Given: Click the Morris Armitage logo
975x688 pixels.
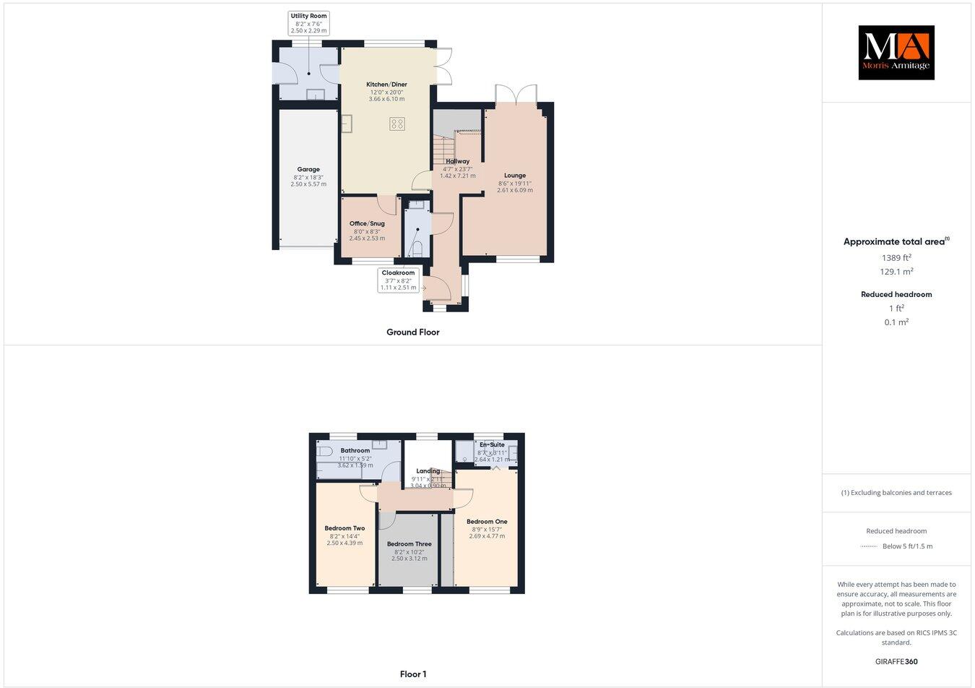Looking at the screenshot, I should (x=896, y=52).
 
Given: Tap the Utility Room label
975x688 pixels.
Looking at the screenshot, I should (x=308, y=16).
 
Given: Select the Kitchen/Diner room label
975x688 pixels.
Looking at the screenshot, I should (x=386, y=85).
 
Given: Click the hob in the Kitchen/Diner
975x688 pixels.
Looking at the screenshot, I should (x=396, y=124).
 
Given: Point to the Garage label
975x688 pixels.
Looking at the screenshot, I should (x=308, y=170).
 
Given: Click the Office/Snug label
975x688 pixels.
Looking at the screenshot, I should (x=367, y=224).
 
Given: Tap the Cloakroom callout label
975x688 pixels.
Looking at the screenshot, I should (x=398, y=273).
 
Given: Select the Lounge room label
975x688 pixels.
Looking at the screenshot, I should (x=515, y=176).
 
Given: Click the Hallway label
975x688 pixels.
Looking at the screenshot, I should (x=458, y=162).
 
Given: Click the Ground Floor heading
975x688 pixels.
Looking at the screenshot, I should (x=412, y=332).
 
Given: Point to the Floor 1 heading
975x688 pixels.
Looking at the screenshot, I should (x=413, y=674).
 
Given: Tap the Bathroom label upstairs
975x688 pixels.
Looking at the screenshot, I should (x=355, y=450).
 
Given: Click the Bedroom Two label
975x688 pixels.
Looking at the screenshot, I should (x=344, y=528).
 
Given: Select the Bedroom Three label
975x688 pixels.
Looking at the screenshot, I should (x=409, y=544).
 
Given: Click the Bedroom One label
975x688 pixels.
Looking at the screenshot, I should (x=487, y=522).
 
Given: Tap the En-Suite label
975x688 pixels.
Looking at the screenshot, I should (x=492, y=444).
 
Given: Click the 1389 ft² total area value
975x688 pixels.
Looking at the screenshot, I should (x=896, y=257).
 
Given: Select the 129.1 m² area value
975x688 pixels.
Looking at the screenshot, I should (x=896, y=272).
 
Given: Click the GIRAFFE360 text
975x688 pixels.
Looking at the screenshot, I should (x=896, y=661).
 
